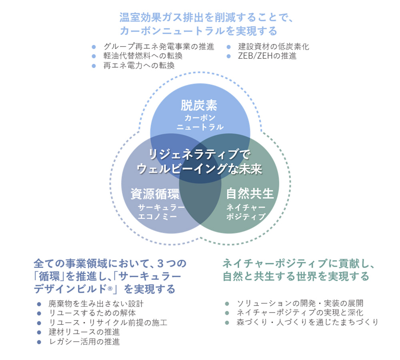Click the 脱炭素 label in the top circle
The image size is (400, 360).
(x=199, y=105)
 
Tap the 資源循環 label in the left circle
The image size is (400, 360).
(x=155, y=194)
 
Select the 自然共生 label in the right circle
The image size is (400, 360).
(x=250, y=194)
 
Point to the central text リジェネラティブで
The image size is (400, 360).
(x=199, y=154)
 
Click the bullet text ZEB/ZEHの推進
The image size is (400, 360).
(x=267, y=56)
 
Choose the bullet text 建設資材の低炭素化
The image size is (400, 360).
(x=274, y=46)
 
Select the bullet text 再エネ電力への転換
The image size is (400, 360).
(x=139, y=66)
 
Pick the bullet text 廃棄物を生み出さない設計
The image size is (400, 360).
(x=95, y=303)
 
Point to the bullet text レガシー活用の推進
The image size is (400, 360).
(x=83, y=341)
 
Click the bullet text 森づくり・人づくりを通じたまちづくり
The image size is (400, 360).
(x=307, y=322)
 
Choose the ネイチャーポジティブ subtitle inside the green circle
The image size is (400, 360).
(x=246, y=212)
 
